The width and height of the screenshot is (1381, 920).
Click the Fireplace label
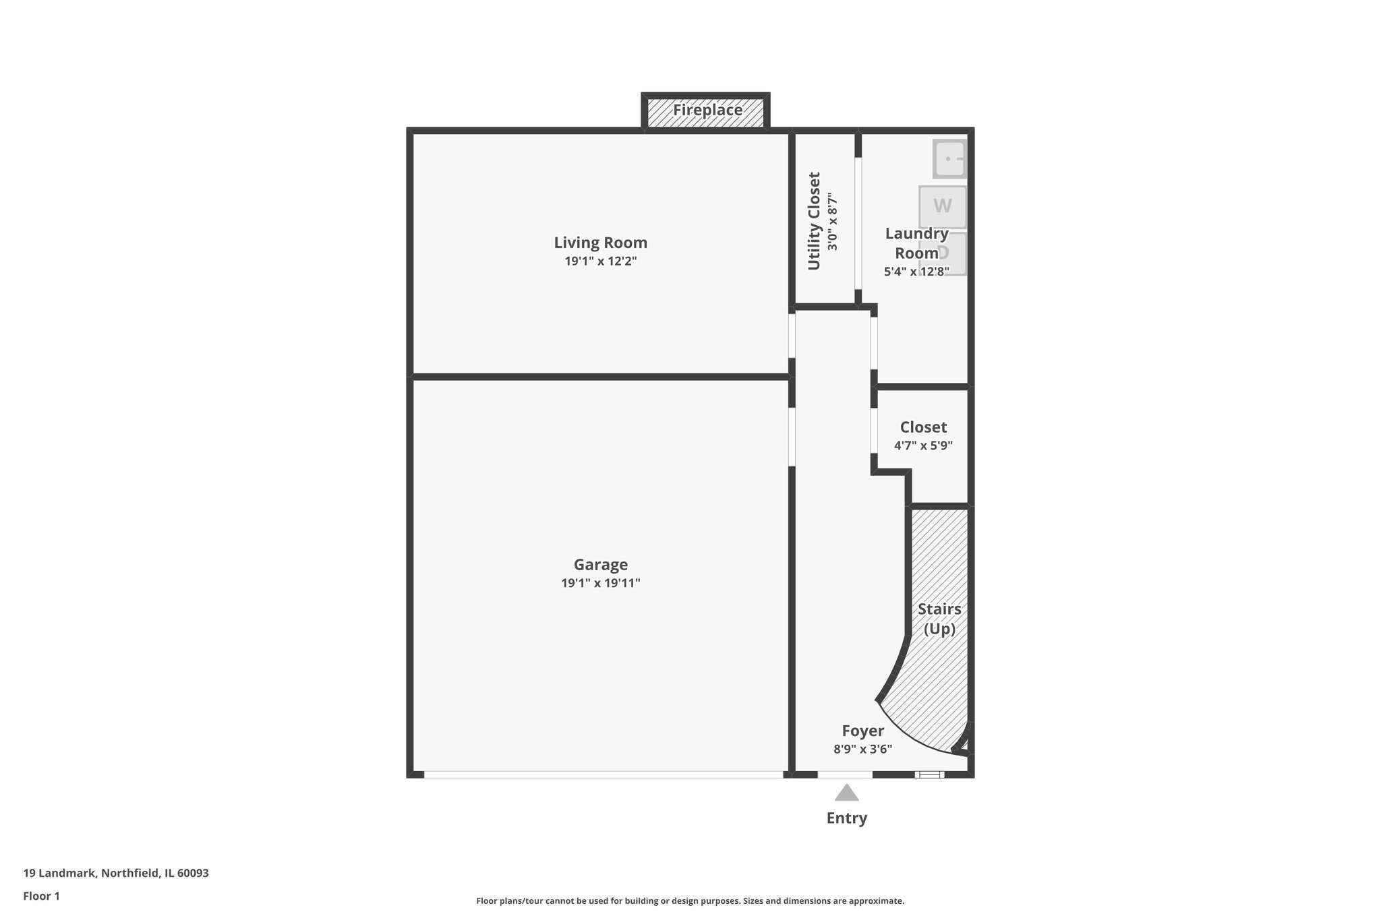coord(707,110)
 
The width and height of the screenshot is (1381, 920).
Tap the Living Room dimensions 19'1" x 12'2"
coord(600,261)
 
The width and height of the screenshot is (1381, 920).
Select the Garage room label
coord(600,565)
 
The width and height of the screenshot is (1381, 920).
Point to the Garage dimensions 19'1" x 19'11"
coord(600,583)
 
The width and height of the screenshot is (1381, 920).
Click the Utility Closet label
coord(814,221)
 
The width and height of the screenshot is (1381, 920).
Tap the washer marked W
coord(942,206)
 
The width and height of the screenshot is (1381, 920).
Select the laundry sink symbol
coord(949,159)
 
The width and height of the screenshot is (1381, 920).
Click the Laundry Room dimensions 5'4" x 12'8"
coord(916,271)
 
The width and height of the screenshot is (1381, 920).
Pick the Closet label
coord(923,427)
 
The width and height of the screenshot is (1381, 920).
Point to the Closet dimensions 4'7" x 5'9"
coord(923,446)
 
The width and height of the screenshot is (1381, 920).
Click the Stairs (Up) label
coord(939,619)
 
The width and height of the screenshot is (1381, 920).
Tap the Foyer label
coord(862,731)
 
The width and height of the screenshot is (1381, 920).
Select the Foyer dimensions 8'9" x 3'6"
coord(862,749)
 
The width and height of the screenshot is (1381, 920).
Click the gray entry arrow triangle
coord(846,793)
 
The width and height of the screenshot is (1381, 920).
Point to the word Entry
coord(846,818)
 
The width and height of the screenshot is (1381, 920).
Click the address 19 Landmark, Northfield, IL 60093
coord(116,873)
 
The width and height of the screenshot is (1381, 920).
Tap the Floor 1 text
coord(41,896)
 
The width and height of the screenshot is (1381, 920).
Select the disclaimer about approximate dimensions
coord(690,900)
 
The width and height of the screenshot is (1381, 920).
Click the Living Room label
coord(600,243)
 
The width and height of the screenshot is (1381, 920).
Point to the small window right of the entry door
coord(929,774)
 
